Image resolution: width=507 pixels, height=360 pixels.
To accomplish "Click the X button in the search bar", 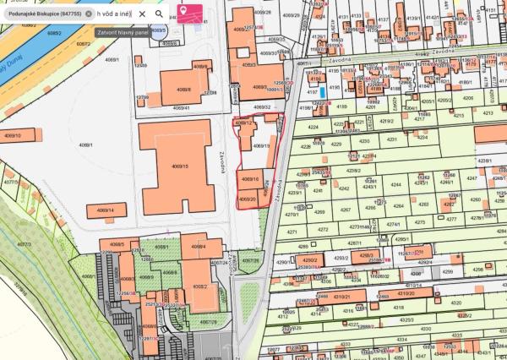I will (142, 14).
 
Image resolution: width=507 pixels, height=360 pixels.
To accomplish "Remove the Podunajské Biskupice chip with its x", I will (89, 14).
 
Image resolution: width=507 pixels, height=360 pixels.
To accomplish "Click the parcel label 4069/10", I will (249, 179).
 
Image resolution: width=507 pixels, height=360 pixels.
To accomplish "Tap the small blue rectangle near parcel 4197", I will (321, 90).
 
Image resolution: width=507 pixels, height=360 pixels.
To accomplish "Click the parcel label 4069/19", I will (259, 145).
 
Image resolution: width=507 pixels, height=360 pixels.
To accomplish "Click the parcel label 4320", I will (456, 302).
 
